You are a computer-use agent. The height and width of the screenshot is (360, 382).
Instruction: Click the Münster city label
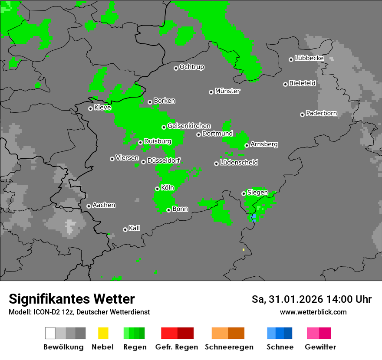coord(227,91)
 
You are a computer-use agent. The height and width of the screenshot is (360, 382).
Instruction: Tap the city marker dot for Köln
coord(157,189)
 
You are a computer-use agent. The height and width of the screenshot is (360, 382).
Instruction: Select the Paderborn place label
coord(321,114)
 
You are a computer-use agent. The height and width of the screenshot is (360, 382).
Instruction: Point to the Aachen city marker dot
coord(89,206)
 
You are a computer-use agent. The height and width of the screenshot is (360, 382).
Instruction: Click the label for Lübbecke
coord(309,58)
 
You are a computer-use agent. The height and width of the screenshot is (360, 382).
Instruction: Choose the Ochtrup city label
coord(191,67)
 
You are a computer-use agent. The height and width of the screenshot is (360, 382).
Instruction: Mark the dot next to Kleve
coord(90,108)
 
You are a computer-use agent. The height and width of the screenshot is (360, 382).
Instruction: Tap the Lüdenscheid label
coord(239,163)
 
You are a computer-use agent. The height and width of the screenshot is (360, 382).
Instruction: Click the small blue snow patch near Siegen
coord(254,216)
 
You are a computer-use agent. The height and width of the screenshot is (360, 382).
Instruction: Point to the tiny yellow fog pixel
coord(244,250)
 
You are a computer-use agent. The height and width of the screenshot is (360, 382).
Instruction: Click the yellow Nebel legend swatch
coord(103,333)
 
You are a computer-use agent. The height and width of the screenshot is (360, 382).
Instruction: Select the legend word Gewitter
coord(320,347)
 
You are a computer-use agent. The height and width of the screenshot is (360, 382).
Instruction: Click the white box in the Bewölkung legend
coord(50,333)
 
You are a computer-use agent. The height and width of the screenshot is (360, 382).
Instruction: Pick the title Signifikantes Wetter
coord(72,299)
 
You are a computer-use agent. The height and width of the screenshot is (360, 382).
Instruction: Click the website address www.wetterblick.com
coord(313,312)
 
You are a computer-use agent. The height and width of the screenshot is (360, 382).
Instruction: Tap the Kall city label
coord(134,228)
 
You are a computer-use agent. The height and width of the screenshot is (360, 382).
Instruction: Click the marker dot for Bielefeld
coord(285,84)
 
